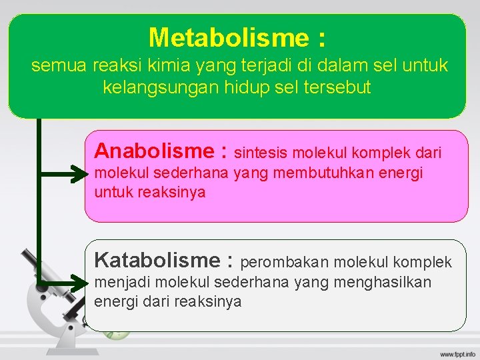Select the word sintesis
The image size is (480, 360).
tap(261, 153)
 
